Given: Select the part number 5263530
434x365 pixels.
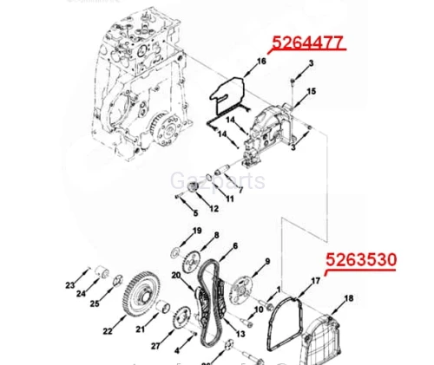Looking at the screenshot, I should pos(361,259).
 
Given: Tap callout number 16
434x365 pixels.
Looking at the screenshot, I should pos(261,62).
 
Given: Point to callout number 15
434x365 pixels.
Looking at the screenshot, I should pos(312,91).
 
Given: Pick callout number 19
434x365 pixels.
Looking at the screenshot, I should pos(197,231).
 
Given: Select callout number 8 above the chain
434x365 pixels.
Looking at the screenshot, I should pos(216,236).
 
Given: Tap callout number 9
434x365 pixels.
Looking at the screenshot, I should pos(267,261).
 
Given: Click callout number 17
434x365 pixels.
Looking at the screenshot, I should pos(316,281).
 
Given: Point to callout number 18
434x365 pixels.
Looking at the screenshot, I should pos(350,299).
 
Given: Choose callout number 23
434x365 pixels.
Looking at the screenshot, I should pos(70,284).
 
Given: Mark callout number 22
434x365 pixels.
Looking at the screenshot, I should pos(108,330).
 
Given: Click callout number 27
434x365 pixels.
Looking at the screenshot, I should pos(155,345).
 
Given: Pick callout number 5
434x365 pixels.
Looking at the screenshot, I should pos(195,213).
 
